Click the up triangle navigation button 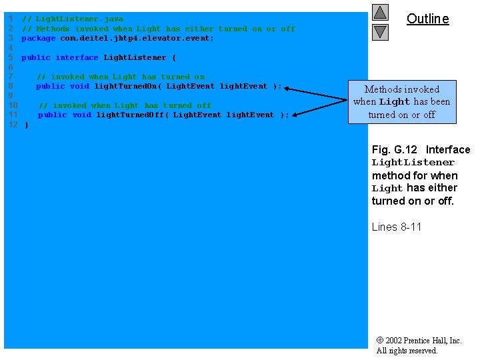tap(381, 13)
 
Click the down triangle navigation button tap(381, 31)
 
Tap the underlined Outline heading tap(427, 19)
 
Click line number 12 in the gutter tap(13, 125)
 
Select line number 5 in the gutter tap(11, 57)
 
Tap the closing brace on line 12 tap(27, 125)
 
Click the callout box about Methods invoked tap(401, 102)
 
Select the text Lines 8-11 tap(396, 227)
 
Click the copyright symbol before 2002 tap(379, 341)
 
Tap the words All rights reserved tap(407, 351)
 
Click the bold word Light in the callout tap(394, 102)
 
